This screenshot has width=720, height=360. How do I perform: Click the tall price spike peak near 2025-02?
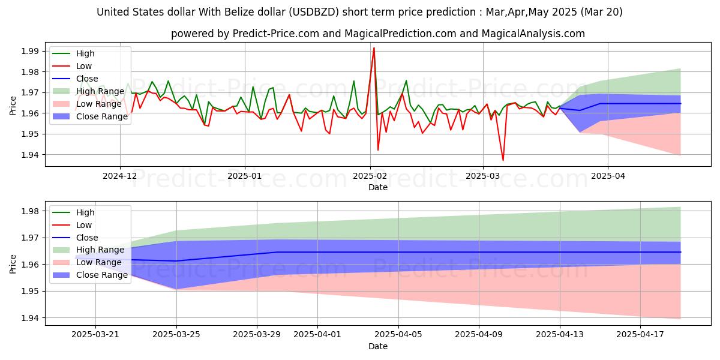374,48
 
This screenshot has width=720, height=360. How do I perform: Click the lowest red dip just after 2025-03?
503,160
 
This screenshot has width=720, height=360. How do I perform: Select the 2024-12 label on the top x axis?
120,176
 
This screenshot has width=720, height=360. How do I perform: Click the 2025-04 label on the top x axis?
608,176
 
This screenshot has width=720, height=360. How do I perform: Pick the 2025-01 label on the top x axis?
244,176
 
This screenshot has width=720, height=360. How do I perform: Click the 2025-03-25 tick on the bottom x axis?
176,335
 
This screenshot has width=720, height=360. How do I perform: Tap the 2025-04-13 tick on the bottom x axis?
560,335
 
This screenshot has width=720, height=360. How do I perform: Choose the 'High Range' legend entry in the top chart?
100,91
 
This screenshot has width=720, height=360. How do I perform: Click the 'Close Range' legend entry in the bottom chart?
102,275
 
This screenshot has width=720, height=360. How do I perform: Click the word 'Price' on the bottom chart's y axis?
13,263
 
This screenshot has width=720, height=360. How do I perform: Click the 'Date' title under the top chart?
378,188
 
